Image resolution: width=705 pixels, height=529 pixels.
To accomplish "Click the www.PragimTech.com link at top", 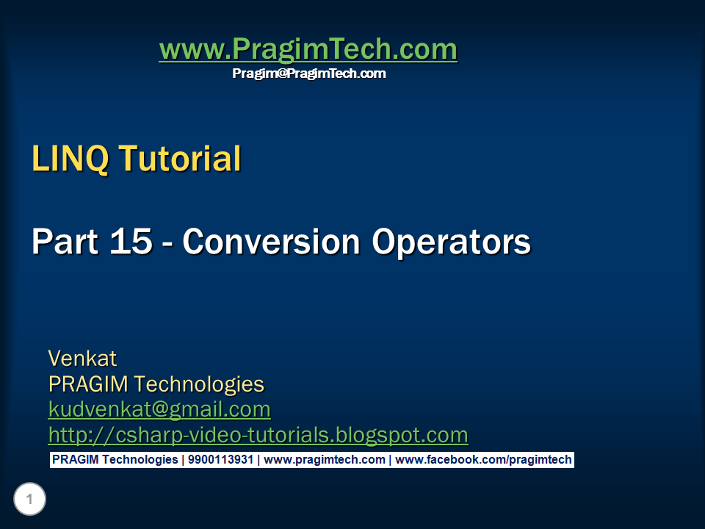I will [x=308, y=50].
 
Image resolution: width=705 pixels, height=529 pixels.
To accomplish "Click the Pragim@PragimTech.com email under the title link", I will [x=308, y=73].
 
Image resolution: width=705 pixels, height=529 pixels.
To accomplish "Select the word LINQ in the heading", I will [x=70, y=159].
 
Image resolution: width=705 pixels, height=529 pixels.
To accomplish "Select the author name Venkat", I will [x=82, y=359].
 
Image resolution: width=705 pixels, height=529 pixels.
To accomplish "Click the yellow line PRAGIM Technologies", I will [x=156, y=384].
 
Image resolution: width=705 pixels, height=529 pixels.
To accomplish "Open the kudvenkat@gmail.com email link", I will [x=159, y=409].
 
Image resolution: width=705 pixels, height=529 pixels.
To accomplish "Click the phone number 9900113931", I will [x=220, y=460].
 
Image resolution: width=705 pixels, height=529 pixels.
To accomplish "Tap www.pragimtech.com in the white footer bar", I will [x=324, y=460].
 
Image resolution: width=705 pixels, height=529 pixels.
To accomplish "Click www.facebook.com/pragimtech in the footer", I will [x=482, y=460].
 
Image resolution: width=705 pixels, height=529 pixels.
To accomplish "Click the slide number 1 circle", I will [x=29, y=500].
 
